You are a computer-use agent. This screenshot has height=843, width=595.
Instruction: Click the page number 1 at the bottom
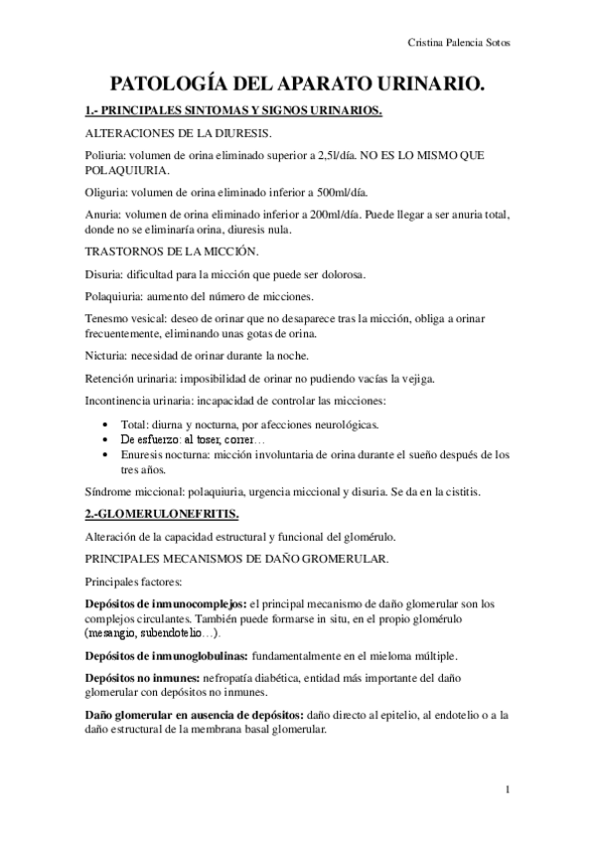tap(507, 791)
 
